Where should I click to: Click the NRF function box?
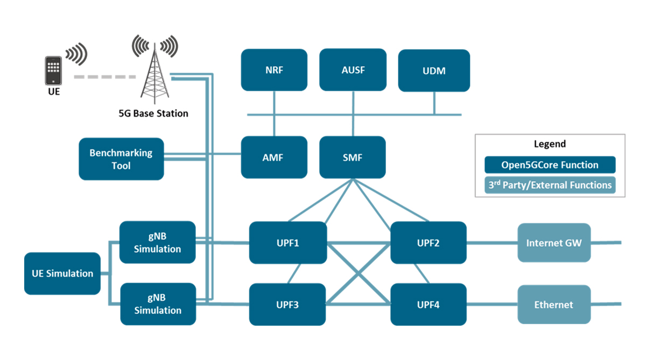pyautogui.click(x=274, y=70)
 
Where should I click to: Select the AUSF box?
pyautogui.click(x=353, y=70)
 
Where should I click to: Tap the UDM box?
pyautogui.click(x=434, y=71)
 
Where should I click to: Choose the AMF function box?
pyautogui.click(x=274, y=157)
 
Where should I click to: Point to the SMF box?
pyautogui.click(x=353, y=157)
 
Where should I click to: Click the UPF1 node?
pyautogui.click(x=288, y=243)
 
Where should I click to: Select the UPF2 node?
pyautogui.click(x=429, y=243)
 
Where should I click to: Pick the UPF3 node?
pyautogui.click(x=288, y=305)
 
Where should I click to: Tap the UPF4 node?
pyautogui.click(x=429, y=305)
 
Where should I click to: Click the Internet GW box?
pyautogui.click(x=554, y=243)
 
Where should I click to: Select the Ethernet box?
pyautogui.click(x=554, y=305)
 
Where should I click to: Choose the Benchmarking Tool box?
pyautogui.click(x=121, y=159)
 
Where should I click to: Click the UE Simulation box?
pyautogui.click(x=62, y=273)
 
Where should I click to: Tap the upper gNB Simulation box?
pyautogui.click(x=157, y=242)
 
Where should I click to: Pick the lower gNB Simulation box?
pyautogui.click(x=158, y=304)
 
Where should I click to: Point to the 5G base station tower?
pyautogui.click(x=156, y=73)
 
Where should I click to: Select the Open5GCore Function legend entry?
pyautogui.click(x=550, y=165)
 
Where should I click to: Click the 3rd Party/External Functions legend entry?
pyautogui.click(x=550, y=185)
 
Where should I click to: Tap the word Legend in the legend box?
pyautogui.click(x=550, y=144)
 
